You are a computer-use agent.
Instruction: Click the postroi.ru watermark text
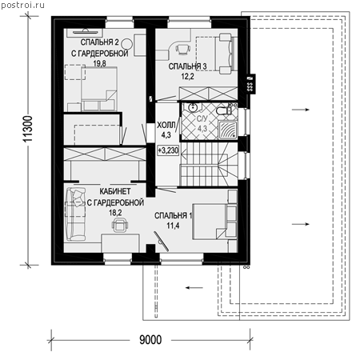coord(22,5)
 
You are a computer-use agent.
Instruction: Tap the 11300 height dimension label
coord(27,129)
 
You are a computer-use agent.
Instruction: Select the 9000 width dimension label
coord(150,340)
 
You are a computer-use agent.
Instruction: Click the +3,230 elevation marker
coord(168,150)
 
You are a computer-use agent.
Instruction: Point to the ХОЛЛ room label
coord(166,125)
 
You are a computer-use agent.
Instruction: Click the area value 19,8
coord(99,63)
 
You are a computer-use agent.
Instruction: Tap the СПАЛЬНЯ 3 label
coord(187,66)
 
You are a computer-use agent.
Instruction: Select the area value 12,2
coord(187,77)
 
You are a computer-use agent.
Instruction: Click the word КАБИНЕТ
coord(115,191)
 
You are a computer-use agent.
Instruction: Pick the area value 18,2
coord(115,213)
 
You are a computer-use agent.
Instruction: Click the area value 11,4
coord(173,226)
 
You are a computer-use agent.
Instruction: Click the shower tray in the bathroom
coord(227,130)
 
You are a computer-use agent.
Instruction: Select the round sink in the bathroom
coord(192,108)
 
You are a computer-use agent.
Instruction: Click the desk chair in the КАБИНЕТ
coord(120,225)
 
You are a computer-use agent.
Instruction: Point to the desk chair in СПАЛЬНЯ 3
coord(183,49)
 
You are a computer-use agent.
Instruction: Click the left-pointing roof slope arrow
coord(194,288)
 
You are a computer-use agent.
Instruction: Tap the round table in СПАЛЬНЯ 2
coord(127,43)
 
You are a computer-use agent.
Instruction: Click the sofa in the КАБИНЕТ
coord(75,214)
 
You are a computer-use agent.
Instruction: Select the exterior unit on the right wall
coord(250,84)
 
